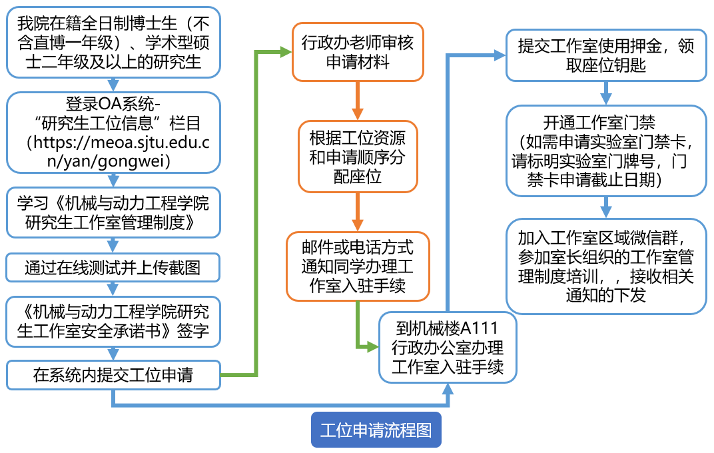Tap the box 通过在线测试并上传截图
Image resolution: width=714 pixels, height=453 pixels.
click(x=113, y=268)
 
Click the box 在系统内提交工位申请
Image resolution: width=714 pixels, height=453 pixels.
click(x=113, y=375)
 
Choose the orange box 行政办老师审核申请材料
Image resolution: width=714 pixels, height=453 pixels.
click(x=358, y=53)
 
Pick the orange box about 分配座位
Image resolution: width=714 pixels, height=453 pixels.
click(x=358, y=157)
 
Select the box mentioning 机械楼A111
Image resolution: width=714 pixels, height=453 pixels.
click(x=448, y=348)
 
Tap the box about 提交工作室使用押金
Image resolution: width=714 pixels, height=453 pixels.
click(x=605, y=55)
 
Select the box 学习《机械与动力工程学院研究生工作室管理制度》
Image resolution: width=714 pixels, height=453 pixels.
click(x=113, y=212)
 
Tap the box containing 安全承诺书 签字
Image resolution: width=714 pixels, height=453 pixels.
click(x=113, y=322)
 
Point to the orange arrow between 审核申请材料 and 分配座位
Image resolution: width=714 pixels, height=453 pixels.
click(x=358, y=101)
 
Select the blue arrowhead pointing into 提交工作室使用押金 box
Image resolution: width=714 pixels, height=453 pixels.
click(x=499, y=56)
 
